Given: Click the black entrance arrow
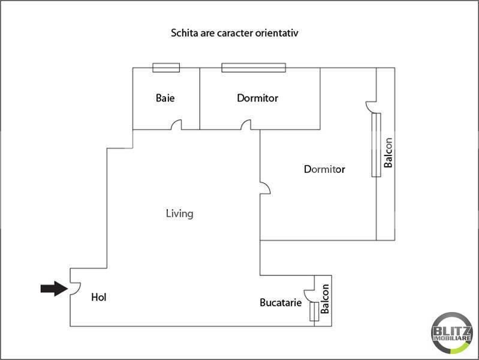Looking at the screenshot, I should point(53,289).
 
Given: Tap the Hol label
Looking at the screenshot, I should point(99,297).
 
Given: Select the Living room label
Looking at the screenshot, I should point(179,214).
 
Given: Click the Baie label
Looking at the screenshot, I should point(165,98).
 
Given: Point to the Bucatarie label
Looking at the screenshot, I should point(281,303).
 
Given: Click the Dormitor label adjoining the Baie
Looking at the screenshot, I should point(257,98).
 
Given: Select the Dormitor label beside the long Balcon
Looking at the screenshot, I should point(324,169).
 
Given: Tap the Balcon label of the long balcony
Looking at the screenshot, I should point(388,153).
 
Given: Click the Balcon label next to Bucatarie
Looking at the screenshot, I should point(325,299).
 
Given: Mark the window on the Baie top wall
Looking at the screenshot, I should point(166,67).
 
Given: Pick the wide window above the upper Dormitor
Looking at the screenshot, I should point(253,67).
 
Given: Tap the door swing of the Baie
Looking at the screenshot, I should point(177,125).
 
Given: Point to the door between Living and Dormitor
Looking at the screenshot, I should point(264,188).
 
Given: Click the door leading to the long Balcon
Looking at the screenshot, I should point(370,106).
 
